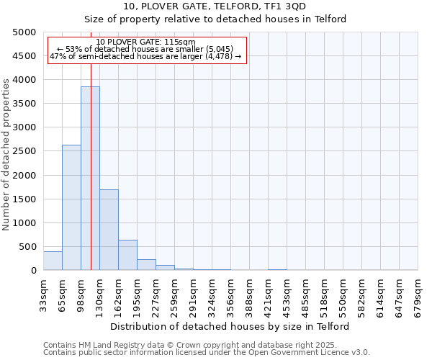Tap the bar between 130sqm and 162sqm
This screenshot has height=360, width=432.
[109, 230]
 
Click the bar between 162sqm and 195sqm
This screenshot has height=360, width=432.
[127, 255]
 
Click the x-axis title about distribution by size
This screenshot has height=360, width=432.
[230, 326]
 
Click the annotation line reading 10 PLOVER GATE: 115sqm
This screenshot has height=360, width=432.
[145, 42]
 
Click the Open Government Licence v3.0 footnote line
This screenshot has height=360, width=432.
[207, 352]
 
